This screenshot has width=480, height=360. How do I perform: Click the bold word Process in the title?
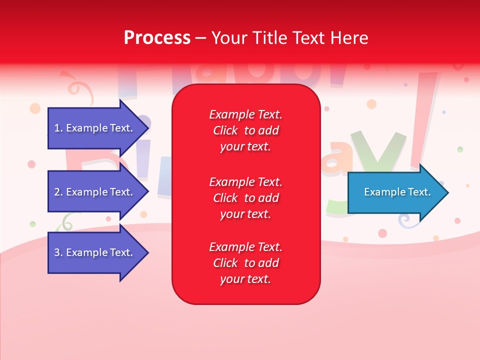(157, 38)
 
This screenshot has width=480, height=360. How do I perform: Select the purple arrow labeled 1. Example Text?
(95, 128)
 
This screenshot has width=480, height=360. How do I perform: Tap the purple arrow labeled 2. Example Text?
(95, 192)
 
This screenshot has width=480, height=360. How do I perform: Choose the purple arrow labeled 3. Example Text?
(95, 252)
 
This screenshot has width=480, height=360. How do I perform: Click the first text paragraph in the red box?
(245, 130)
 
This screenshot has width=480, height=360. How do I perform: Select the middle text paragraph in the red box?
(245, 198)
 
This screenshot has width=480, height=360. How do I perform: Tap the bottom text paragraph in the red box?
(245, 263)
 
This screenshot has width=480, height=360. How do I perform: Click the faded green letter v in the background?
(378, 150)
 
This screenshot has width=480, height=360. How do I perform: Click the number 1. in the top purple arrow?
(58, 128)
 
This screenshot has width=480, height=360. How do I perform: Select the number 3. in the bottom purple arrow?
(58, 252)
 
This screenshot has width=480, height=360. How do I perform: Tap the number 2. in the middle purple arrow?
(58, 192)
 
